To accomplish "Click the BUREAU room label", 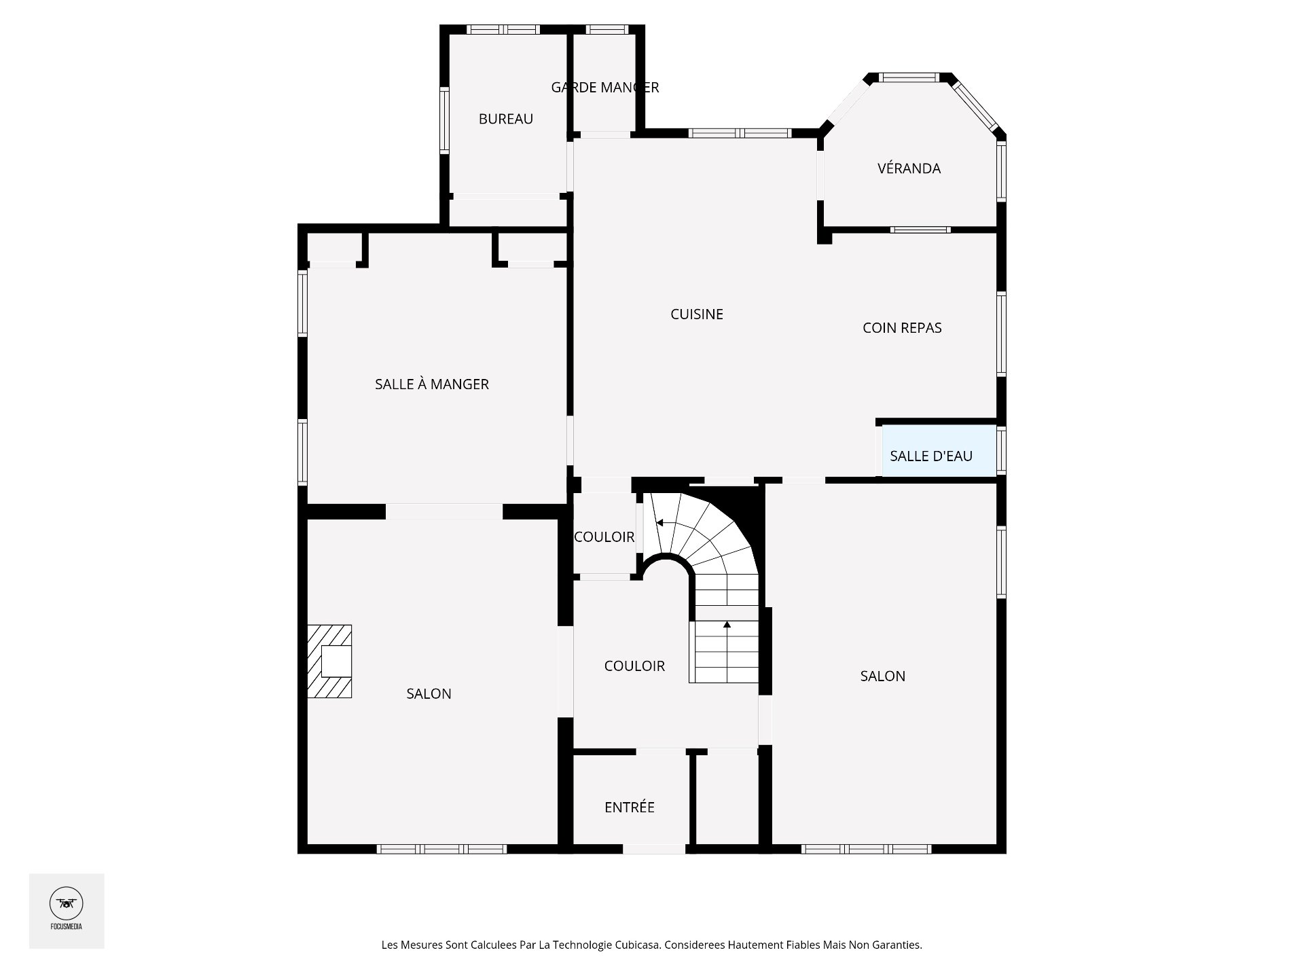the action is click(x=505, y=119).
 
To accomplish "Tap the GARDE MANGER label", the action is click(x=604, y=88).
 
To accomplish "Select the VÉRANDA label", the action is click(x=909, y=168).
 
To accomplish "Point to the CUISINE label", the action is click(x=697, y=314).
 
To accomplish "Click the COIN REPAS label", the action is click(x=902, y=328).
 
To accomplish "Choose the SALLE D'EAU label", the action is click(x=931, y=456).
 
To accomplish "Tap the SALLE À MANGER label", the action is click(x=432, y=384).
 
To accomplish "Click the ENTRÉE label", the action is click(x=630, y=807).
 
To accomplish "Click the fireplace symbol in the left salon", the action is click(x=329, y=662).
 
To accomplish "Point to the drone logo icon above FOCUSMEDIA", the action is click(x=67, y=903).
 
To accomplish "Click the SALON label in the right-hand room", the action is click(x=882, y=676).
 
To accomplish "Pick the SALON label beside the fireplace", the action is click(x=429, y=693).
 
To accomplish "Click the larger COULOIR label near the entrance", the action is click(x=634, y=666).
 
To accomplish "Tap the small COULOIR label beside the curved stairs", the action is click(x=604, y=537).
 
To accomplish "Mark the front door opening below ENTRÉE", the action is click(x=654, y=849).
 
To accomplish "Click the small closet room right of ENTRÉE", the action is click(x=727, y=799).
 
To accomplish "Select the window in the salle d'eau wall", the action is click(x=1001, y=450).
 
